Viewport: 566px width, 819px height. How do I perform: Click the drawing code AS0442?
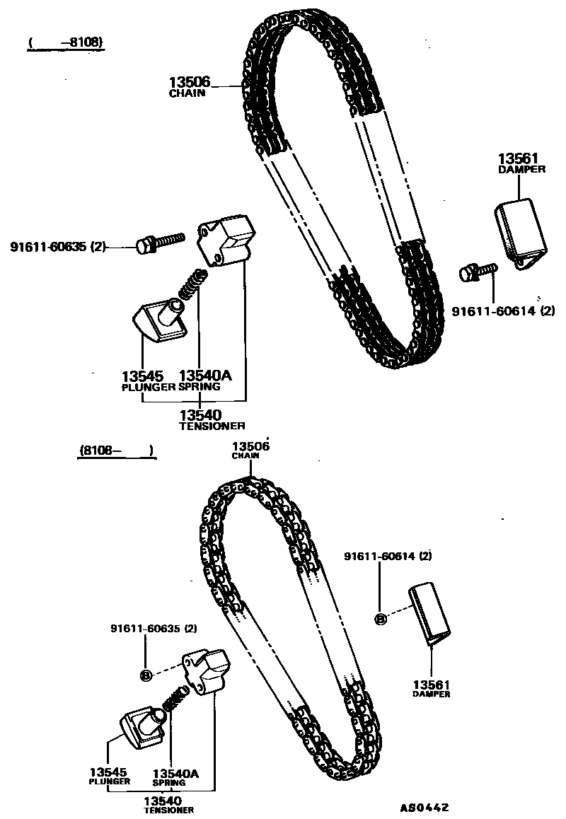point(424,808)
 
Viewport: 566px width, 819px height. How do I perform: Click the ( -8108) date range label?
point(66,42)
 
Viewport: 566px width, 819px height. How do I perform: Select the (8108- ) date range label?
point(116,449)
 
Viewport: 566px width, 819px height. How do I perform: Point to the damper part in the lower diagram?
point(429,612)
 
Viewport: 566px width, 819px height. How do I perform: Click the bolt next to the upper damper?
point(478,271)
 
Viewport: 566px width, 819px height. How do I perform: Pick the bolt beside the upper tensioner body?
point(160,242)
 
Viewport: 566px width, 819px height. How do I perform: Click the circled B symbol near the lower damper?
point(380,619)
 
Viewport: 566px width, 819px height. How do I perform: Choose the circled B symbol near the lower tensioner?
point(146,675)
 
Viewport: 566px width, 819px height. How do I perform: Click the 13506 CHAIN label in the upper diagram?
point(189,86)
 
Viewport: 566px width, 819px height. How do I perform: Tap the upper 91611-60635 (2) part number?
point(57,247)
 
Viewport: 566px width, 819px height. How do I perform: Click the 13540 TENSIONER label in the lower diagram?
point(169,805)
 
